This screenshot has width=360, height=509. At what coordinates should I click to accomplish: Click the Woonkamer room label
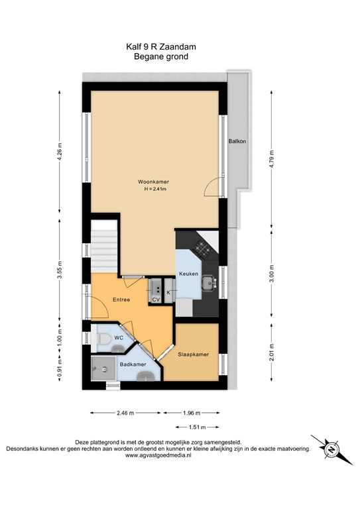tap(153, 182)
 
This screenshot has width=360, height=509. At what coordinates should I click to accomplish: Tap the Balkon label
tap(237, 141)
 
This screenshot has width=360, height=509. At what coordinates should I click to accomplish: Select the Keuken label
tap(188, 274)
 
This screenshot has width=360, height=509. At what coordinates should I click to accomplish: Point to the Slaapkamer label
tap(193, 355)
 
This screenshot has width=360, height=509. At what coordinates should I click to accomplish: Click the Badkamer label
tap(133, 365)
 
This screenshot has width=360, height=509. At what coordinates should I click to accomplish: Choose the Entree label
tap(121, 300)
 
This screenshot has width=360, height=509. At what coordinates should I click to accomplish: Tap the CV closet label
tap(156, 300)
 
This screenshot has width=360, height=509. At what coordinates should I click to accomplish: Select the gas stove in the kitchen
tap(202, 249)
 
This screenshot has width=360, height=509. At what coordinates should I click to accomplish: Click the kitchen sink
tap(208, 284)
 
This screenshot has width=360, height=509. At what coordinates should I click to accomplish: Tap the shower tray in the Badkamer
tap(103, 368)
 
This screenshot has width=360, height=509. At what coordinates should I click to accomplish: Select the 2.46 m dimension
tap(125, 414)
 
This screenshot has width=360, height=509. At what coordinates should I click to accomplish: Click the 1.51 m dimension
tap(197, 427)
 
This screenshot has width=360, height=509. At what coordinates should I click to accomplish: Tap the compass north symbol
tap(331, 450)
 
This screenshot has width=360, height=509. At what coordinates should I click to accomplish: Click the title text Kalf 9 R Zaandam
tap(161, 47)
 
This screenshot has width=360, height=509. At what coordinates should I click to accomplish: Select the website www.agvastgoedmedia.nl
tap(158, 455)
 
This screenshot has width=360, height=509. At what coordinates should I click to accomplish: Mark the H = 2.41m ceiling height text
tap(156, 189)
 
